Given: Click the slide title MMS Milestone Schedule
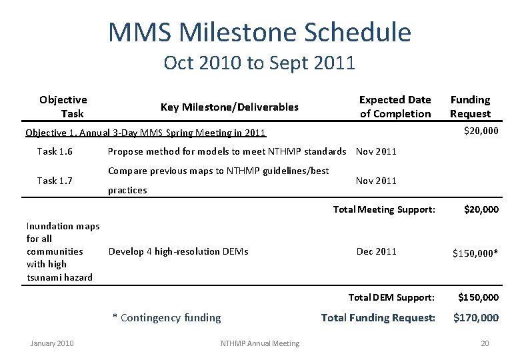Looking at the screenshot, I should pos(259,31).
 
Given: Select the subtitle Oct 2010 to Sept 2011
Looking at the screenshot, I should pos(259,63).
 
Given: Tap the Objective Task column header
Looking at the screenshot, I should pos(63,107).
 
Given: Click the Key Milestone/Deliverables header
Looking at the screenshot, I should pos(229,107).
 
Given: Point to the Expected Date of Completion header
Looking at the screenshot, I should pos(395,107).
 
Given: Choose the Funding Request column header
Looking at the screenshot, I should pos(470,107).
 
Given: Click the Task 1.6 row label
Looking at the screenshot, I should pos(55,151).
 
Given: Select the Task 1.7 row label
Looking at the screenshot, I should pos(55,181).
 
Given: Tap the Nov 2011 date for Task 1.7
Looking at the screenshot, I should pos(376,181).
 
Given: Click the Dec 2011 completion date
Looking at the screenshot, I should pos(377,251).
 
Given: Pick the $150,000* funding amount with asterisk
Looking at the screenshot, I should pos(475,253).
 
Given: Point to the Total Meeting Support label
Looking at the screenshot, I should pos(384,209).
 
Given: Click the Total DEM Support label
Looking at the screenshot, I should pos(392,297).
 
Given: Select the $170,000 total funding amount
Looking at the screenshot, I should pos(476,318).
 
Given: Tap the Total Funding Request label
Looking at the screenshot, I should pos(378,318).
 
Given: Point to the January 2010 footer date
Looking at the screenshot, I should pos(53,343).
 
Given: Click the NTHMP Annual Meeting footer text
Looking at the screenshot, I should pos(260,343).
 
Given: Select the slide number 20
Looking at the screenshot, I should pos(485,343).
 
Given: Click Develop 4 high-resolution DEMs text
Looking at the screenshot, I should pos(178,251).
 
